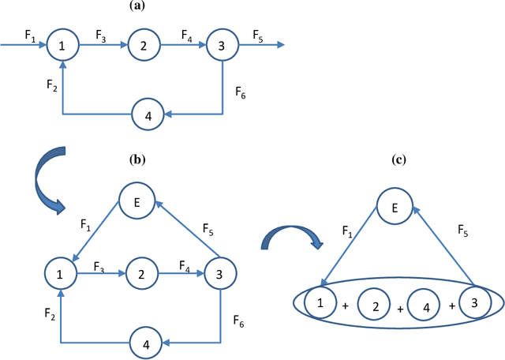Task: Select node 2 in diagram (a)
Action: click(x=143, y=47)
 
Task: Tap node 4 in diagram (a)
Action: click(x=148, y=114)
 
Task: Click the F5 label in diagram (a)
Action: click(x=258, y=35)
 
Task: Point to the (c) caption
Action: click(x=399, y=159)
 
